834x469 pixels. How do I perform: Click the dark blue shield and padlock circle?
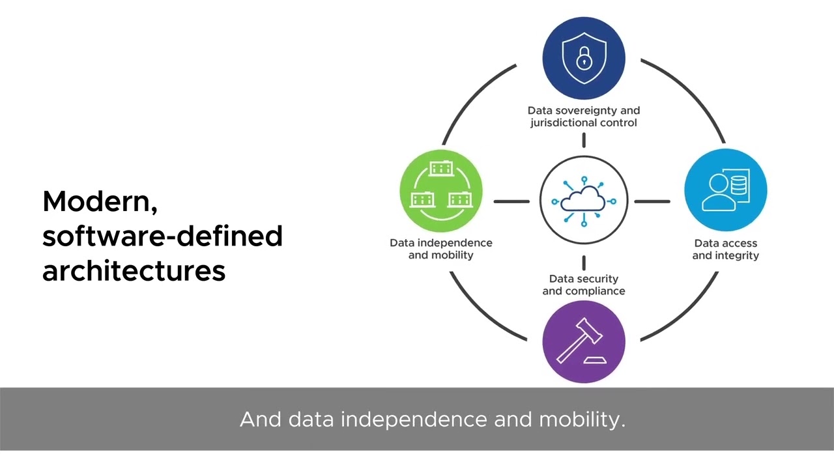coord(584,58)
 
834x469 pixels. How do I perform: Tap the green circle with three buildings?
coord(441,190)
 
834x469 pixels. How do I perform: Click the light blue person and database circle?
coord(725,190)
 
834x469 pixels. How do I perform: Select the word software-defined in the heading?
coord(162,236)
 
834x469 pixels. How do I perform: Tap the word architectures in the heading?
coord(134,270)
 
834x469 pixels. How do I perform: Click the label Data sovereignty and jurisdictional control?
coord(584,117)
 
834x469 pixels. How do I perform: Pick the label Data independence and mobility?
coord(441,249)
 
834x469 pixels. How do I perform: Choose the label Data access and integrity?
coord(725,249)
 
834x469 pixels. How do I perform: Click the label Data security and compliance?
coord(584,285)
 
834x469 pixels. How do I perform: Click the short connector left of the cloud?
coord(511,201)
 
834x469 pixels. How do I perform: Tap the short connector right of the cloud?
coord(652,201)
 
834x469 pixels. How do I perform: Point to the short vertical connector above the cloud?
coord(584,140)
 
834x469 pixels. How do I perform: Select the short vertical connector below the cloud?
coord(584,263)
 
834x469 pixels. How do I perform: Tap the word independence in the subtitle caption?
coord(414,419)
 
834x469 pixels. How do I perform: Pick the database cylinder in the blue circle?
coord(739,186)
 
